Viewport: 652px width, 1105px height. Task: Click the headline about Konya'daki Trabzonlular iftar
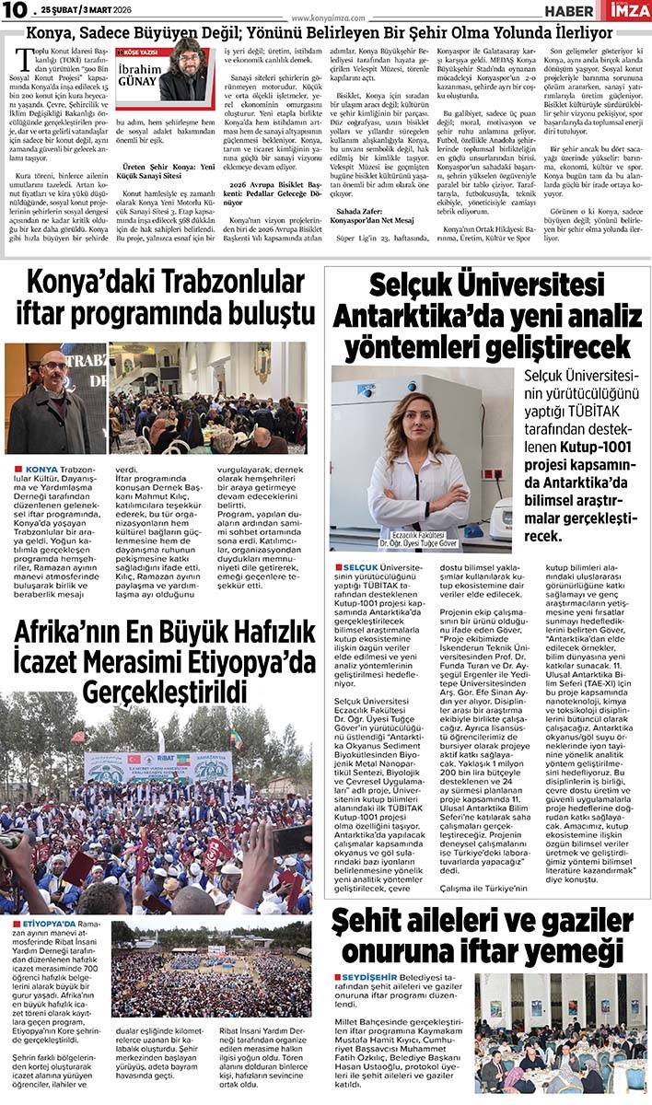coord(161,297)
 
